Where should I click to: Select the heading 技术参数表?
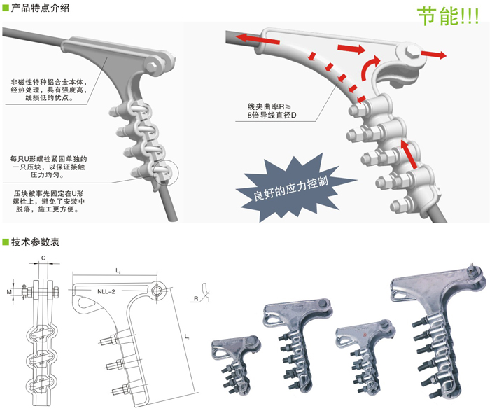(x=35, y=243)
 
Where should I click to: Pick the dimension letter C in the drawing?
(x=43, y=259)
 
